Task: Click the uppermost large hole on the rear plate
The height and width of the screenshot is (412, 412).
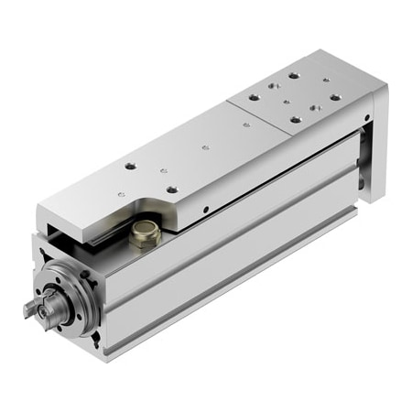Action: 293,76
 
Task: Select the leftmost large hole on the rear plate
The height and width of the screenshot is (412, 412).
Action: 254,93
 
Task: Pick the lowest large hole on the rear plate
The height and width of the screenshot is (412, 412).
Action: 295,118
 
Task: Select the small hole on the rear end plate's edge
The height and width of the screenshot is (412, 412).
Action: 367,118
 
